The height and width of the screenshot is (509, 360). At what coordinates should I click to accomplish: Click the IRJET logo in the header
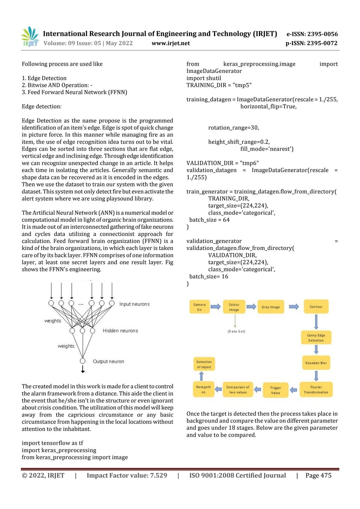click(30, 37)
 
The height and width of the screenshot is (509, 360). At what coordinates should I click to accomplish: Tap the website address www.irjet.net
click(171, 43)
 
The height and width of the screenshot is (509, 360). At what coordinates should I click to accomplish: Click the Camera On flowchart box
click(199, 307)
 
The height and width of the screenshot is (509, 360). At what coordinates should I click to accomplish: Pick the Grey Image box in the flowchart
click(271, 307)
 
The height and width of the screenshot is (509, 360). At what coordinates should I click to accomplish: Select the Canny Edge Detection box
click(316, 338)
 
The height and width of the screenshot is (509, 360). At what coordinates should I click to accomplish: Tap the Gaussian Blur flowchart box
click(316, 363)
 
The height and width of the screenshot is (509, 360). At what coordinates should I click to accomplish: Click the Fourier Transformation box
click(316, 389)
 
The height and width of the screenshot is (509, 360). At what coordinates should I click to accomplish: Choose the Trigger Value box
click(276, 390)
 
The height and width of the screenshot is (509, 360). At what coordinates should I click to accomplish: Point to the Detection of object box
click(204, 364)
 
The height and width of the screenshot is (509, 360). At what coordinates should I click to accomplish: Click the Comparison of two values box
click(238, 389)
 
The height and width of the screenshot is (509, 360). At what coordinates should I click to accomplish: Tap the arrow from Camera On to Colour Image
click(216, 307)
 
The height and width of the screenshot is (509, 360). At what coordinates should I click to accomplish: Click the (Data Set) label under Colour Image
click(237, 331)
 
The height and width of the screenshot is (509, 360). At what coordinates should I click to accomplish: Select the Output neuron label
click(108, 361)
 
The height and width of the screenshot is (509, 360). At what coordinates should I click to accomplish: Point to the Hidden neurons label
click(120, 331)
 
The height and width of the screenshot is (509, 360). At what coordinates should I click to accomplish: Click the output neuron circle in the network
click(83, 361)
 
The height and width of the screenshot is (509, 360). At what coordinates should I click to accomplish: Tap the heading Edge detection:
click(41, 107)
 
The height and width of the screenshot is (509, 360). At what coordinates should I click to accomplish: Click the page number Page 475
click(318, 476)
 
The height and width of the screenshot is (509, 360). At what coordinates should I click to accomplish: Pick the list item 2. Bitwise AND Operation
click(57, 85)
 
